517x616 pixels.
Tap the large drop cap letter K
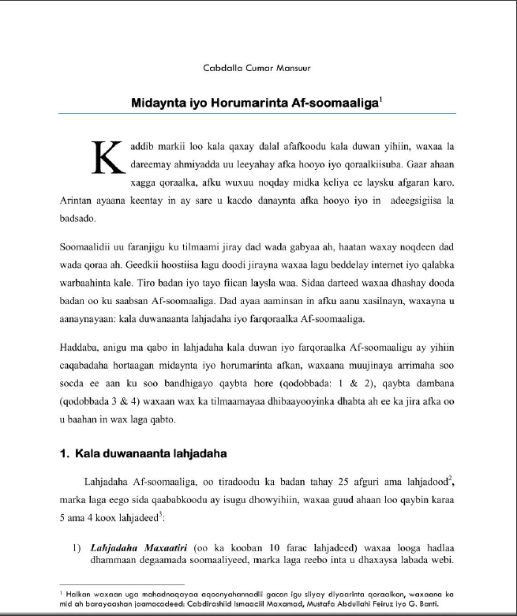click(109, 157)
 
